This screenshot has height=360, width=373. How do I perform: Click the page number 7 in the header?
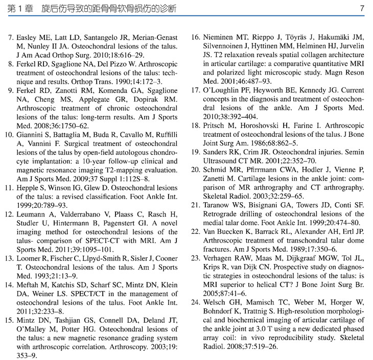pos(362,9)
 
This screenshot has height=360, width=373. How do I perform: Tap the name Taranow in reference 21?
pos(217,205)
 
